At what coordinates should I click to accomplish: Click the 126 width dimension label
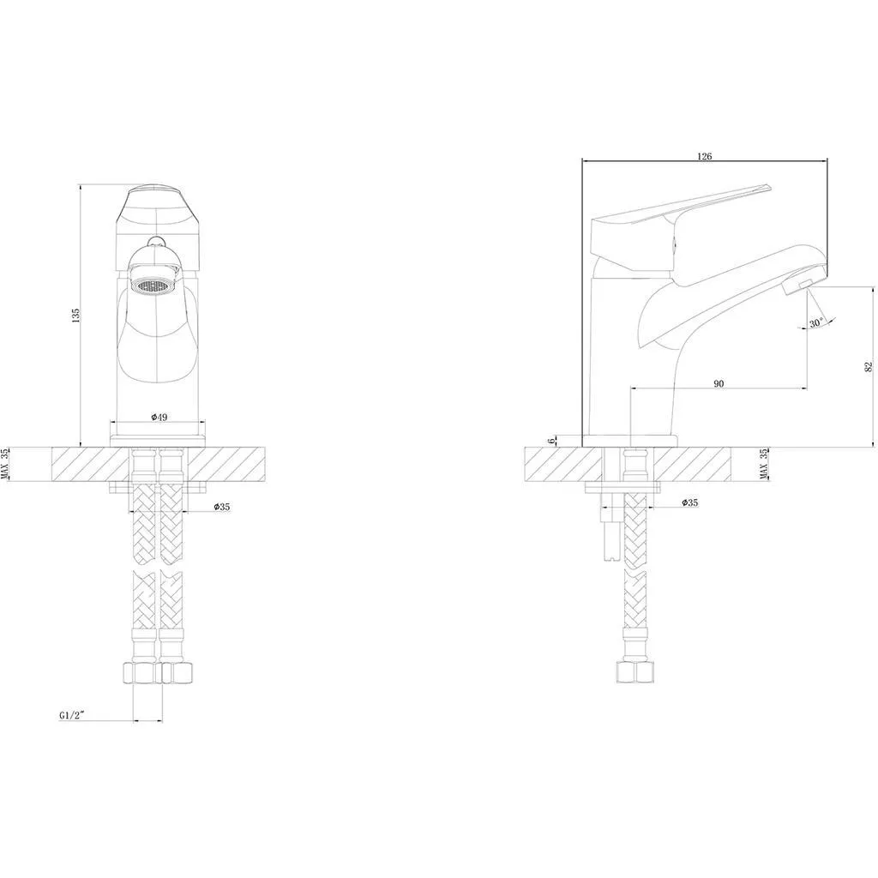705,156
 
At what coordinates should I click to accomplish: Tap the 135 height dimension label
76,316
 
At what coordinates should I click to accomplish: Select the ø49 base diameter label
159,418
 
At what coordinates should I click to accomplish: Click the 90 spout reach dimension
719,383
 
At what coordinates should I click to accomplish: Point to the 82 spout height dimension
869,367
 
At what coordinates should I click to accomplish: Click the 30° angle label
816,323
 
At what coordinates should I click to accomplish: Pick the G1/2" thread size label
71,715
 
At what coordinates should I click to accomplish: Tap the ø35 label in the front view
221,507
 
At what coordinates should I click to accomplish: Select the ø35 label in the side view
690,502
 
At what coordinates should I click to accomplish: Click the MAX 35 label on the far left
5,465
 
